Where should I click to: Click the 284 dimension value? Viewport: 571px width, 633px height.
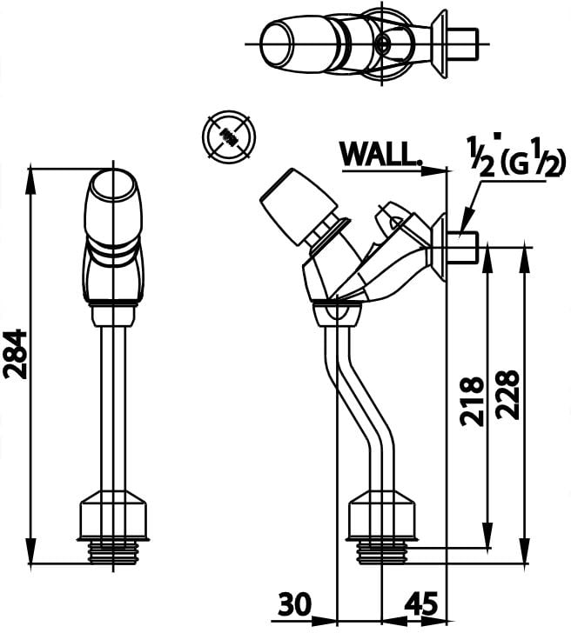click(x=16, y=354)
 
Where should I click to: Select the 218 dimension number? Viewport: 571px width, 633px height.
click(x=473, y=402)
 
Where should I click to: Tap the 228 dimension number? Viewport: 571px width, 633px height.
click(x=507, y=395)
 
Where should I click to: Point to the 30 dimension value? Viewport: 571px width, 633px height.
click(x=295, y=605)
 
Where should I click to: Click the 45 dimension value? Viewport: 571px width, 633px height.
click(x=420, y=605)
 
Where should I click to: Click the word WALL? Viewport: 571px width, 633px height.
click(x=380, y=154)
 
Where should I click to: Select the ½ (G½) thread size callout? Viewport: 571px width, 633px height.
click(x=514, y=158)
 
